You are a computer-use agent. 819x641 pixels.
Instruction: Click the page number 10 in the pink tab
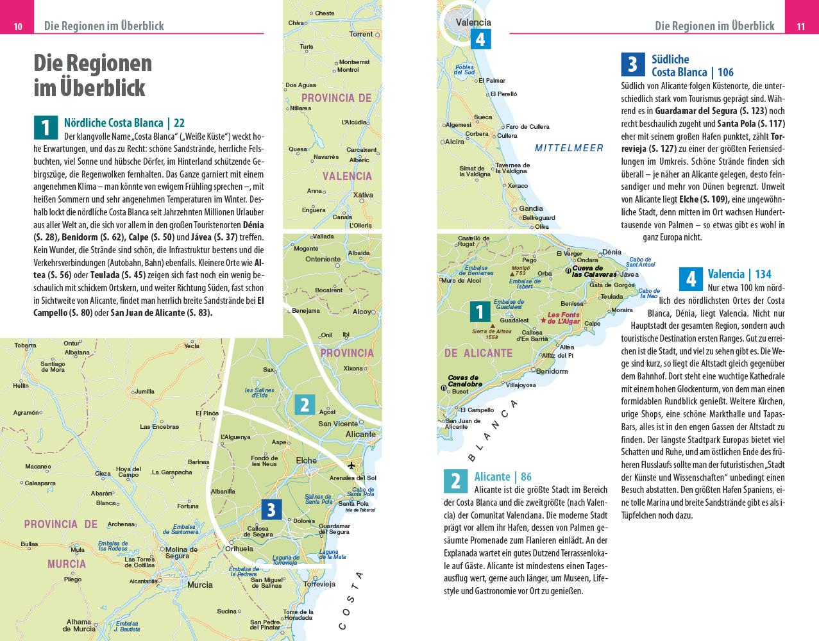click(x=18, y=26)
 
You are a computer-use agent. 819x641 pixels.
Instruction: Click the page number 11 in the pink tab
click(x=800, y=26)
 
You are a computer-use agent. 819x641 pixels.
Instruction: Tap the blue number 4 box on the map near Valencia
click(x=480, y=39)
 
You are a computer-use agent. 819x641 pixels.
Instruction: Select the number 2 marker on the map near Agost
click(x=305, y=404)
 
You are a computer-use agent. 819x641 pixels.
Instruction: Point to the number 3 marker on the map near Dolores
click(x=271, y=510)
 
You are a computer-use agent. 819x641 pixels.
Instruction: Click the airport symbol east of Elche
click(x=351, y=465)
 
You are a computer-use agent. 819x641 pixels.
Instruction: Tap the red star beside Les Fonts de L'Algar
click(x=543, y=320)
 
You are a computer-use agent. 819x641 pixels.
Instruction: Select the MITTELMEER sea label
click(x=569, y=148)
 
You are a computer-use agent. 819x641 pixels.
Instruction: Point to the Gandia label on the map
click(x=530, y=208)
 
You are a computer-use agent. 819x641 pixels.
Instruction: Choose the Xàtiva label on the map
click(x=363, y=195)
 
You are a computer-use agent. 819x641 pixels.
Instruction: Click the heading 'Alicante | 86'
click(x=502, y=476)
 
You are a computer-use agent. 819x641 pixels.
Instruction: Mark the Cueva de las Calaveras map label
click(x=596, y=271)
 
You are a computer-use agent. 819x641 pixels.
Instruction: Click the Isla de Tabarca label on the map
click(x=359, y=510)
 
